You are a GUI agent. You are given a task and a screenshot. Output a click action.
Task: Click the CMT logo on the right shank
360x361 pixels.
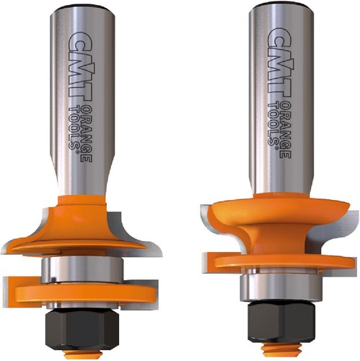coord(279,63)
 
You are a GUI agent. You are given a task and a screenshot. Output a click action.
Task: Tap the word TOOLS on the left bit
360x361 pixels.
coord(74,128)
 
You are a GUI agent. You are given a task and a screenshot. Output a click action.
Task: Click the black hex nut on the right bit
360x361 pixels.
coord(281,321)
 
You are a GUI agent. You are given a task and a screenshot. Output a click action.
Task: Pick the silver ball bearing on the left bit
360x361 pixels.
coord(82,269)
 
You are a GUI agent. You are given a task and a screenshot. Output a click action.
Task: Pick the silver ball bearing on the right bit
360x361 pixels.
coord(281,287)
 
